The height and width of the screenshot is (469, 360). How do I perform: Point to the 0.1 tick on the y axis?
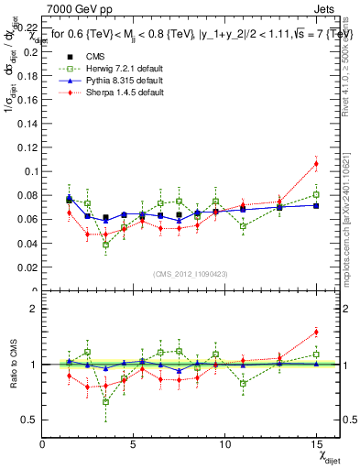click(29, 171)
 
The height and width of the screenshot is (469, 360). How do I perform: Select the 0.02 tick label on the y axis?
click(27, 267)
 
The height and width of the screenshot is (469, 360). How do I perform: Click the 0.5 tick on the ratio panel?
click(29, 420)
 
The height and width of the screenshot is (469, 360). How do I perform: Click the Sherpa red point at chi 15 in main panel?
click(316, 164)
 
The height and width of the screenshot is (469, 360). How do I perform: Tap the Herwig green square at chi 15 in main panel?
click(316, 194)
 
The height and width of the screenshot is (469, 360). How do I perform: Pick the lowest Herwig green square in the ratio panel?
click(106, 401)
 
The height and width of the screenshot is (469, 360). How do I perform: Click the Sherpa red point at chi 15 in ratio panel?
click(316, 332)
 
